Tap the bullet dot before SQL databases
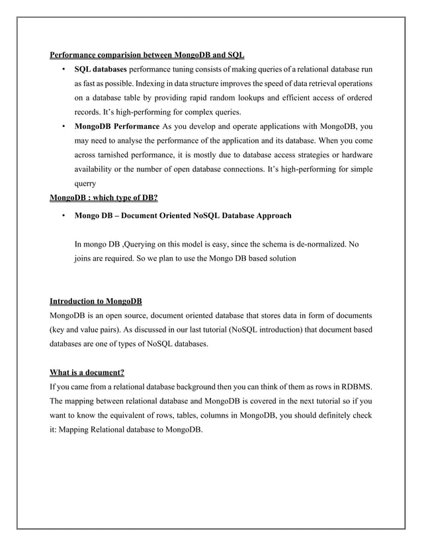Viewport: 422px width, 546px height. point(62,69)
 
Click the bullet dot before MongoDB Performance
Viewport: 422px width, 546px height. point(62,126)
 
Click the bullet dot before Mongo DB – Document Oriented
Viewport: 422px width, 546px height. point(62,215)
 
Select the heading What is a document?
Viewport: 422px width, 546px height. point(87,373)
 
